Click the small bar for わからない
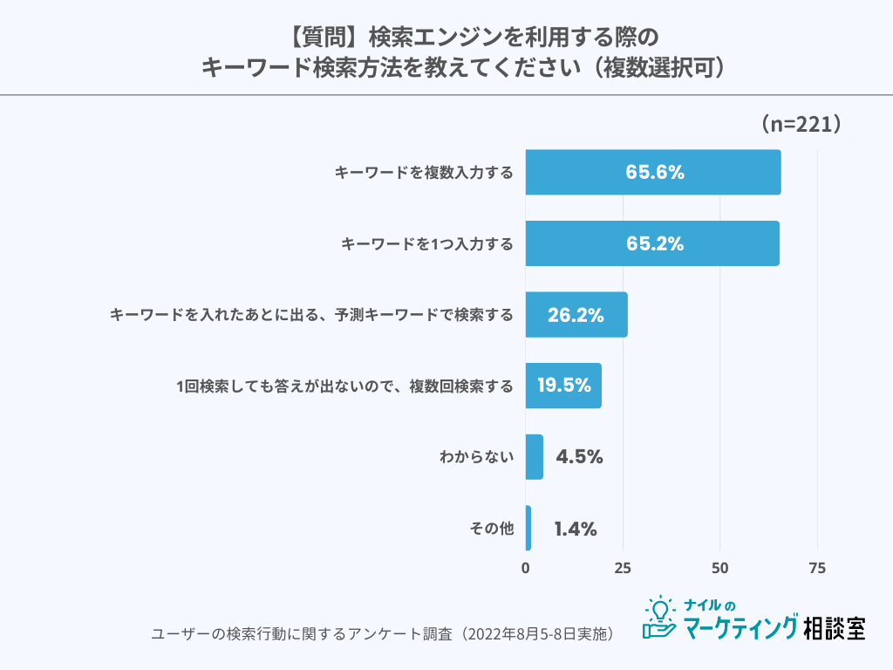tap(535, 457)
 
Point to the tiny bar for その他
tap(528, 528)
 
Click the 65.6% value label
tap(654, 172)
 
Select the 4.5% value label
tap(579, 457)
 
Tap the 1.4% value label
tap(576, 529)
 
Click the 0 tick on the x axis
tap(526, 568)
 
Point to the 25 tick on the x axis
tap(623, 568)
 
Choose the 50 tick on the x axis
tap(720, 568)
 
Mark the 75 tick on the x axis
tap(817, 568)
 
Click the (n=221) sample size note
tap(800, 124)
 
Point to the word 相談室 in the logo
tap(835, 626)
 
